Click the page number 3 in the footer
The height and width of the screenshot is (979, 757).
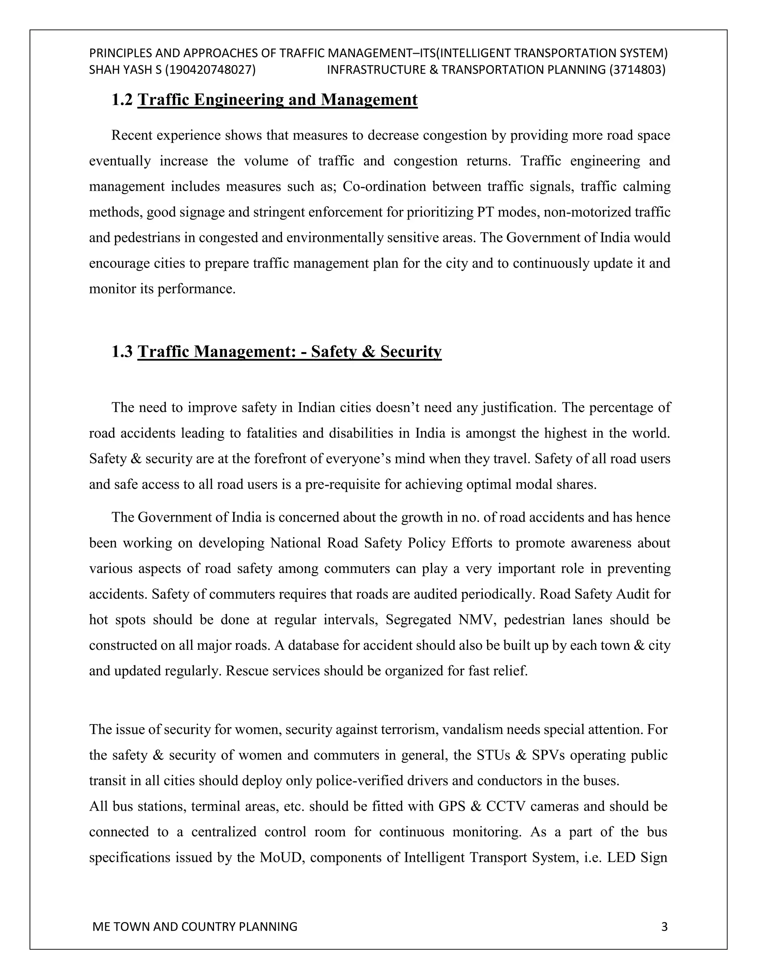[x=664, y=926]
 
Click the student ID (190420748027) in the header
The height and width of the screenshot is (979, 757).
[x=210, y=70]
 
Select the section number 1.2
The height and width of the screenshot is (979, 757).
[x=122, y=99]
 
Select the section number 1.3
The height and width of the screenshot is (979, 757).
[x=122, y=351]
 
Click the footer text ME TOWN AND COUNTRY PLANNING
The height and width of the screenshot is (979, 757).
[x=195, y=926]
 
